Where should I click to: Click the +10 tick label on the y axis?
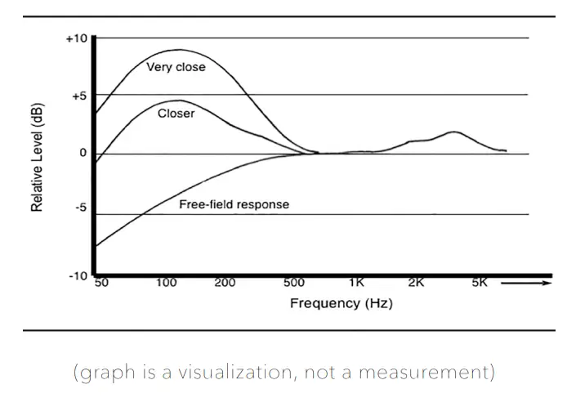76,38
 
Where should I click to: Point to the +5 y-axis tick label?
78,96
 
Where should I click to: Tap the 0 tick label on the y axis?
83,154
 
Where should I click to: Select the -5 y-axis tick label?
79,208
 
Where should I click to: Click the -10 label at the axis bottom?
78,275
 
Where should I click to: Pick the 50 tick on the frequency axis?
102,284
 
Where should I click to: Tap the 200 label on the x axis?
225,284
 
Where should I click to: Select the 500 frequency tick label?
293,284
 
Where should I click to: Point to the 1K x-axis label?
357,284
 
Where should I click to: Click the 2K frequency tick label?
416,284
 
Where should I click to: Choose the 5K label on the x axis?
480,284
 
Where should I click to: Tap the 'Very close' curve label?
176,67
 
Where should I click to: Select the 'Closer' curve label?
176,114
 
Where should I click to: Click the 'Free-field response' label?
234,204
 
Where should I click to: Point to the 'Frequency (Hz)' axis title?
342,303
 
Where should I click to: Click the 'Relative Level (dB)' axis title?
37,157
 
